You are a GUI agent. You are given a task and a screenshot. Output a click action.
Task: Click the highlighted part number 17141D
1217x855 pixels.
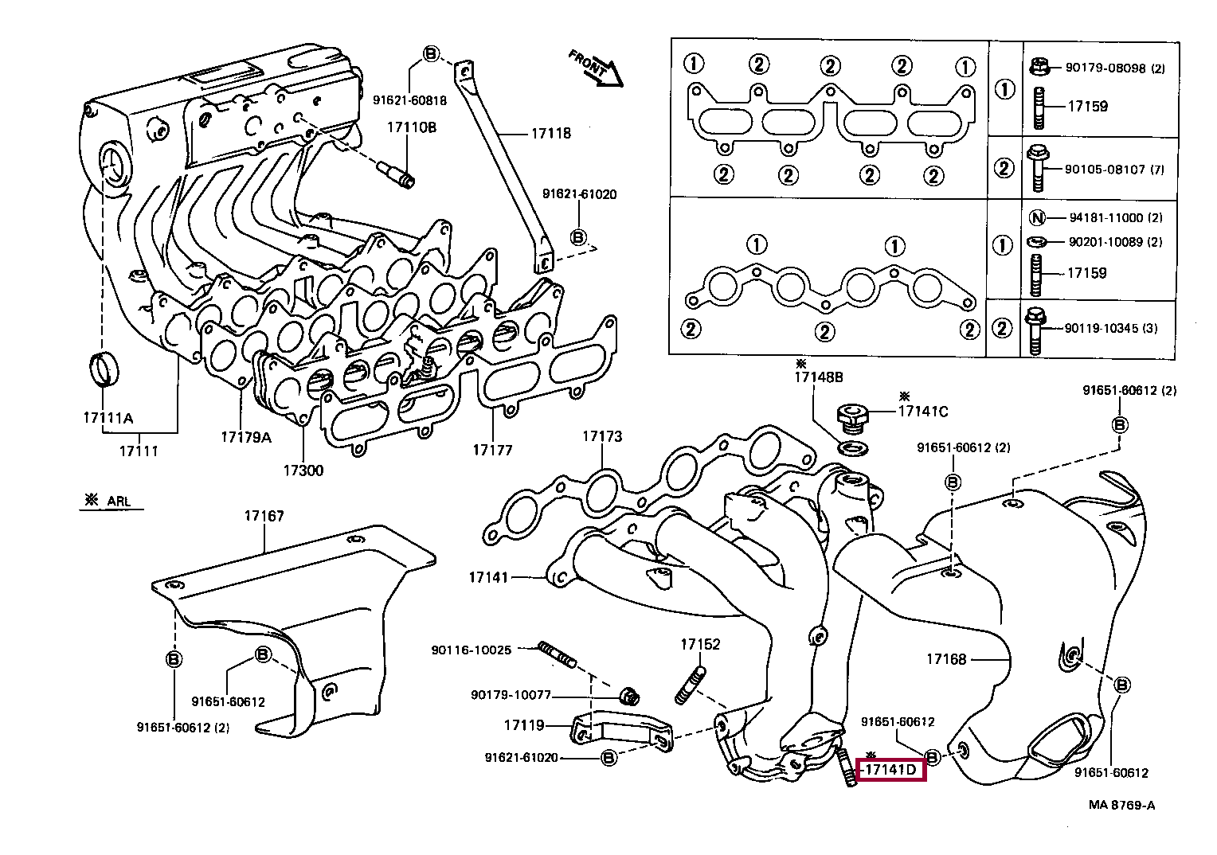(890, 769)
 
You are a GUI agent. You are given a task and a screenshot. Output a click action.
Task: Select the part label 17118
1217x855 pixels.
(551, 134)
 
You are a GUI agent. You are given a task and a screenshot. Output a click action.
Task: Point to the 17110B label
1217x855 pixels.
(411, 127)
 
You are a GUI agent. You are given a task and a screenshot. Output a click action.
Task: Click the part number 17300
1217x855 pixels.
(303, 470)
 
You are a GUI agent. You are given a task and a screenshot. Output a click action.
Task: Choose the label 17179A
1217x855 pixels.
(246, 437)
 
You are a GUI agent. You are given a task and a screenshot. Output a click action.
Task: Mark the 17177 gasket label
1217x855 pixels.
(492, 450)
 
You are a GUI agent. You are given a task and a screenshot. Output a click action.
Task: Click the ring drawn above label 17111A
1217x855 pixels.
(104, 369)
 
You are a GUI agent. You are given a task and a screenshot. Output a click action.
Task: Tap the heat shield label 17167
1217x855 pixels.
(264, 516)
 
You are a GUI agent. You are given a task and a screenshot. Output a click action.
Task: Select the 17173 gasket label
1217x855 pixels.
(602, 436)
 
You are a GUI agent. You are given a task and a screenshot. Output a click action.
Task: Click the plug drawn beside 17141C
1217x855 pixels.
(853, 418)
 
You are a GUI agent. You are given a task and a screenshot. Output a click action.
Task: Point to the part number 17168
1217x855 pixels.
(946, 659)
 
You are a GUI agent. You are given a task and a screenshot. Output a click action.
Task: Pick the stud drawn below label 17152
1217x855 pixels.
(691, 685)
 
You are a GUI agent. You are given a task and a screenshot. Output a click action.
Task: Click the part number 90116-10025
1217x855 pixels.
(472, 650)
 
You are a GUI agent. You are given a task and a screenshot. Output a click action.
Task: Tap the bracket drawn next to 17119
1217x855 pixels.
(622, 731)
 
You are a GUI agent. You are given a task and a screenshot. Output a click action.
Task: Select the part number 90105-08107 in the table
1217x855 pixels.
(1105, 170)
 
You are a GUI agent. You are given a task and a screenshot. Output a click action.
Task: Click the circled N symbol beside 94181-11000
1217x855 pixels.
(1037, 218)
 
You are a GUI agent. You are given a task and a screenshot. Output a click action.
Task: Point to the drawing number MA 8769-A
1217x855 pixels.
(1122, 805)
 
